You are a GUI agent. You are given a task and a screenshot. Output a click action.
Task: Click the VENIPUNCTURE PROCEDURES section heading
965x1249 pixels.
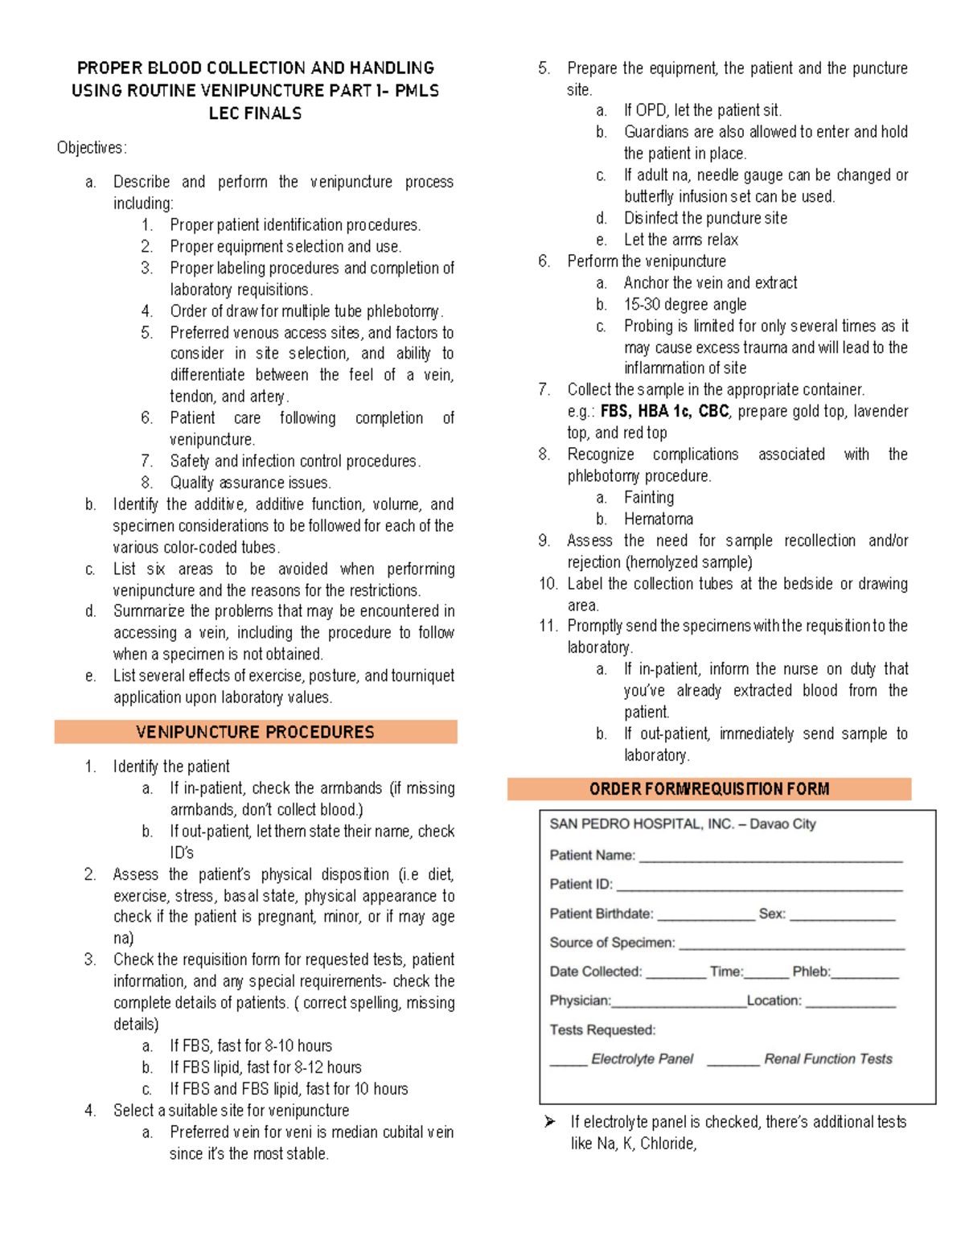pyautogui.click(x=255, y=732)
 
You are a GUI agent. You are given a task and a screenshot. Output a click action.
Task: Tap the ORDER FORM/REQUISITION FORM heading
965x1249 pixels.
pyautogui.click(x=708, y=789)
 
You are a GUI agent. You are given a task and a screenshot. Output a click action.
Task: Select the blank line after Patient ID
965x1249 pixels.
pyautogui.click(x=758, y=888)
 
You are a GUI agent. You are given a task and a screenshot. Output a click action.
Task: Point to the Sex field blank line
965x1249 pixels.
pyautogui.click(x=842, y=918)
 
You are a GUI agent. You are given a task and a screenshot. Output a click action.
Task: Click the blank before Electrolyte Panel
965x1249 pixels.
pyautogui.click(x=568, y=1063)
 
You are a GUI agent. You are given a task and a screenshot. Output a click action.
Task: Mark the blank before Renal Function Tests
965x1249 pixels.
pyautogui.click(x=733, y=1063)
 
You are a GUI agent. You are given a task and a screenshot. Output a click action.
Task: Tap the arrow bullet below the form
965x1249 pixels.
pyautogui.click(x=550, y=1121)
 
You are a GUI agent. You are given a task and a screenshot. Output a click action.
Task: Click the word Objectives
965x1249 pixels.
pyautogui.click(x=91, y=148)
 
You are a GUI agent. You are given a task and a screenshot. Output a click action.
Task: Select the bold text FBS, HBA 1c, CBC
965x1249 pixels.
pyautogui.click(x=664, y=411)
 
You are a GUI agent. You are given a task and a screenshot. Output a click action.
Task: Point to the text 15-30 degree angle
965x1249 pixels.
pyautogui.click(x=684, y=304)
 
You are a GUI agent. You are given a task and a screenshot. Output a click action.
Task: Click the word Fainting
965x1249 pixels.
pyautogui.click(x=648, y=497)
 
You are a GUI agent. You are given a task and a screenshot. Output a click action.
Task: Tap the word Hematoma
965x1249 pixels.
pyautogui.click(x=658, y=519)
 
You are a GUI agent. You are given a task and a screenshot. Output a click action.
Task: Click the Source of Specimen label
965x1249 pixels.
pyautogui.click(x=612, y=943)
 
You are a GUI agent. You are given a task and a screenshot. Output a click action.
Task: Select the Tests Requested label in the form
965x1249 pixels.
pyautogui.click(x=602, y=1029)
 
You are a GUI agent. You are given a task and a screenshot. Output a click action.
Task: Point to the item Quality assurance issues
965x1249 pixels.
pyautogui.click(x=250, y=483)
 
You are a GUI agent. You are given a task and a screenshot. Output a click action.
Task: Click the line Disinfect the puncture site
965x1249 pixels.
pyautogui.click(x=705, y=218)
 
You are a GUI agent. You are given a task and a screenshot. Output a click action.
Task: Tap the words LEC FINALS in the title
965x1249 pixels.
pyautogui.click(x=255, y=113)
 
